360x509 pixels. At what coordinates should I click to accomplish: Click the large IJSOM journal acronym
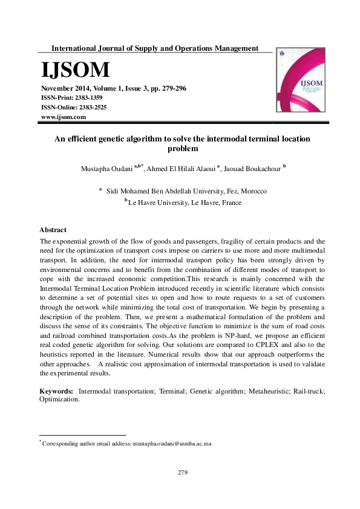(75, 71)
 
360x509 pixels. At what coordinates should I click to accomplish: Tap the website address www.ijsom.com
(63, 116)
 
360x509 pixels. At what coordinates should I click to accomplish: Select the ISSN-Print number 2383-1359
(87, 97)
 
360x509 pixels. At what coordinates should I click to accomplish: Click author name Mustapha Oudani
(106, 169)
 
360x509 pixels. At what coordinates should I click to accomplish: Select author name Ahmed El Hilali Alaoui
(182, 169)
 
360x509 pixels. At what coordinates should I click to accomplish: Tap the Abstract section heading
(53, 230)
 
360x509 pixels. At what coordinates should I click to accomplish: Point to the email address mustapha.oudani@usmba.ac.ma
(172, 444)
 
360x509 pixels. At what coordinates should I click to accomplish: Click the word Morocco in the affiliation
(252, 191)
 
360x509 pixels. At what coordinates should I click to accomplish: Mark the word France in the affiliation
(231, 203)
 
